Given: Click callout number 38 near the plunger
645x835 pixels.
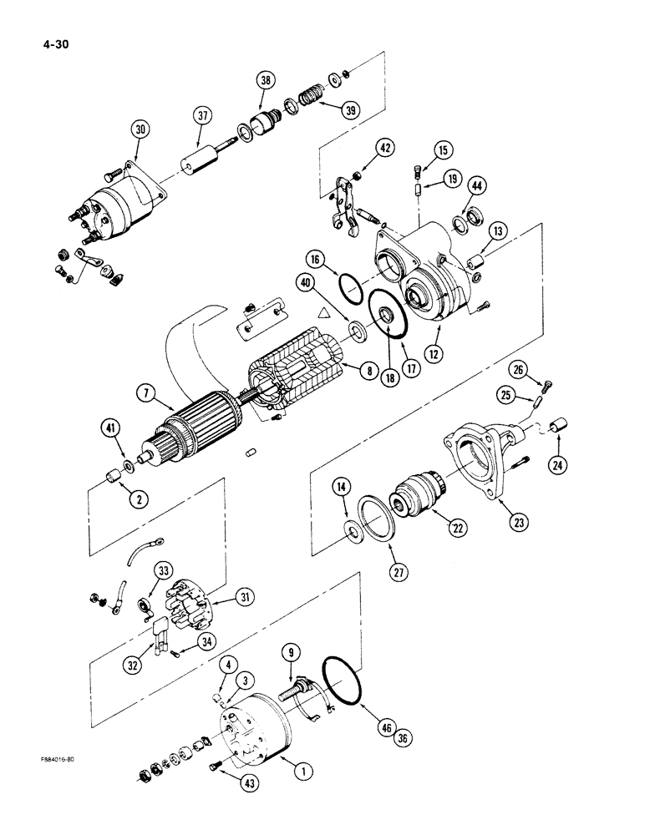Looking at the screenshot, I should (266, 81).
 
